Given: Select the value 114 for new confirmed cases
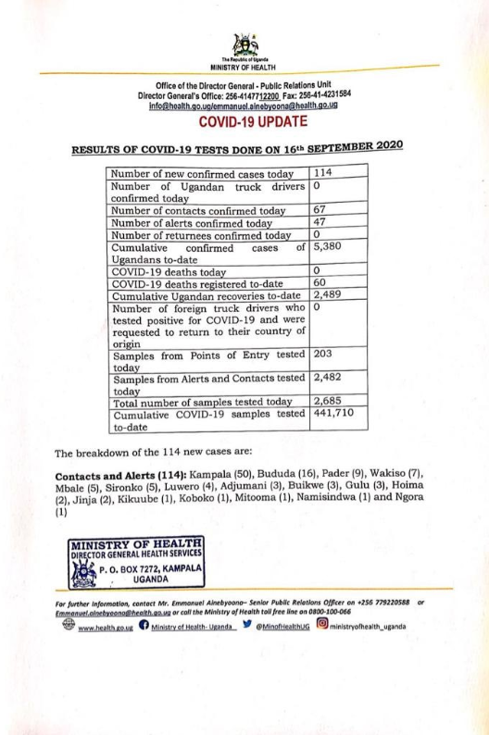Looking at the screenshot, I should pos(322,173).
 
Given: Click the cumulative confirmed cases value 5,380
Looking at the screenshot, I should pos(330,248).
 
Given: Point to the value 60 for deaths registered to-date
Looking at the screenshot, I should pos(321,282).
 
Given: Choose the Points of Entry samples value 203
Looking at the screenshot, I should pos(323,353).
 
